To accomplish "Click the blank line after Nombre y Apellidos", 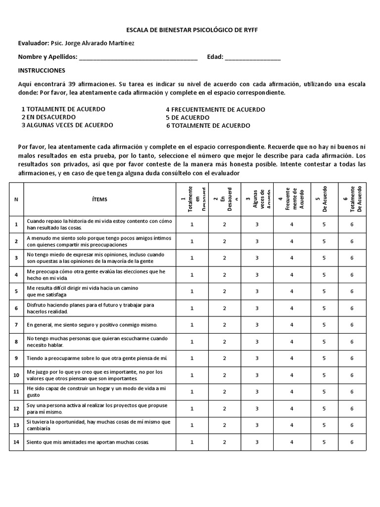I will coord(138,57).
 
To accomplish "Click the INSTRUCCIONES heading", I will coord(42,71).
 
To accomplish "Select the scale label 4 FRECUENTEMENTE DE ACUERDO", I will coord(215,109).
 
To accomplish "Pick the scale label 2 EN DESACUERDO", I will coord(48,117).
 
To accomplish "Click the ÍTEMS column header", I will coord(99,199).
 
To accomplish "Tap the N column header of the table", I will coord(16,199).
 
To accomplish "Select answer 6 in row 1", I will coord(352,224).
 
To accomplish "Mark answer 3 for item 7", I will coord(257,325).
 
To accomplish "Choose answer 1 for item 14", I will coord(192,442).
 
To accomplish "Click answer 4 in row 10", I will coord(292,375).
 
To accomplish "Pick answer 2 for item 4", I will coord(224,275).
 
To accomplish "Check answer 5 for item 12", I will coord(324,408).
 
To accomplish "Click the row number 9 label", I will coord(16,358).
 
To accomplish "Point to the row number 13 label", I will coord(16,425).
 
